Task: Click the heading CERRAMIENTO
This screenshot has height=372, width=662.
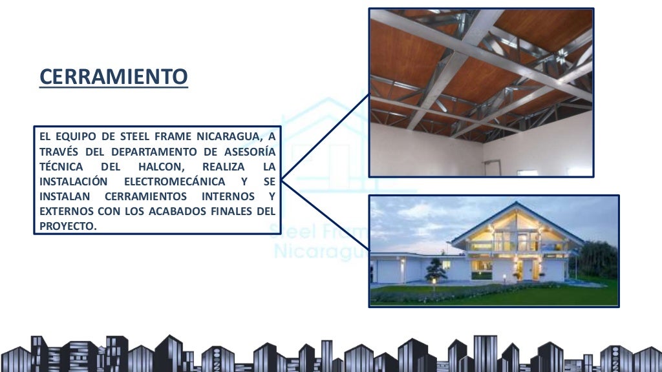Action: click(x=113, y=77)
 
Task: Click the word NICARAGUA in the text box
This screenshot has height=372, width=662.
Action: click(x=233, y=136)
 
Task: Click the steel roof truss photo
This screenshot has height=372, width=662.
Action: click(x=481, y=92)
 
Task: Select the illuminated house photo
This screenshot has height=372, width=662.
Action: click(x=493, y=251)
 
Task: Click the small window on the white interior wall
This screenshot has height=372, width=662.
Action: click(x=527, y=173)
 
